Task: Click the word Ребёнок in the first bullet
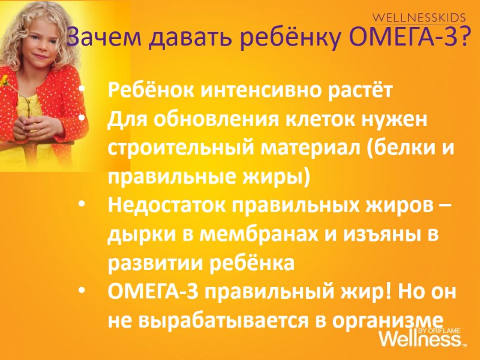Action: click(x=149, y=91)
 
